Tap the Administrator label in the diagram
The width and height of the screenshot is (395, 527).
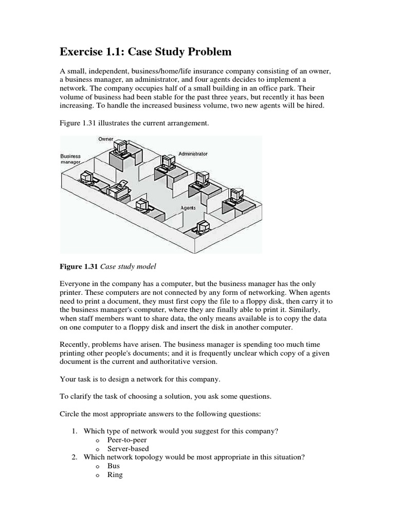193,154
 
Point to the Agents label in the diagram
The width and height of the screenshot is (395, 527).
188,208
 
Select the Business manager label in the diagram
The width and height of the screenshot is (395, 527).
70,159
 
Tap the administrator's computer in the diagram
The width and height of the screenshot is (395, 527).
166,163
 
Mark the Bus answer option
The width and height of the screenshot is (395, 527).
113,466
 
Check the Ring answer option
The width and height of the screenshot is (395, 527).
115,475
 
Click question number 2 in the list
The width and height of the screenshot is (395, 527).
74,457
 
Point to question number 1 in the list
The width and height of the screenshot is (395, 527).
74,431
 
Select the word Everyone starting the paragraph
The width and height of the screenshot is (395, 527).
78,284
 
